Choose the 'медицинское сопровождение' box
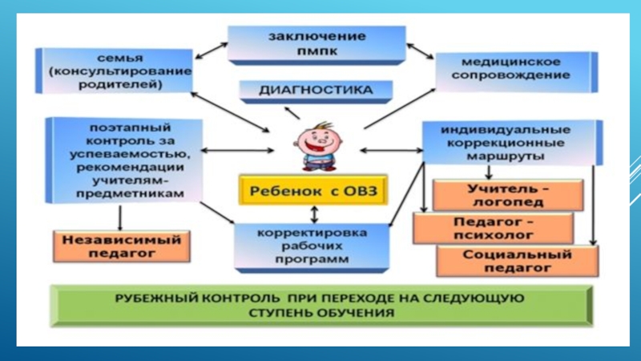[514, 68]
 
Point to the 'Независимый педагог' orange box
[122, 246]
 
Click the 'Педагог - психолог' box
[493, 229]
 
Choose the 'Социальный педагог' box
[517, 262]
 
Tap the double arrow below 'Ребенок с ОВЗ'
[315, 213]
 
